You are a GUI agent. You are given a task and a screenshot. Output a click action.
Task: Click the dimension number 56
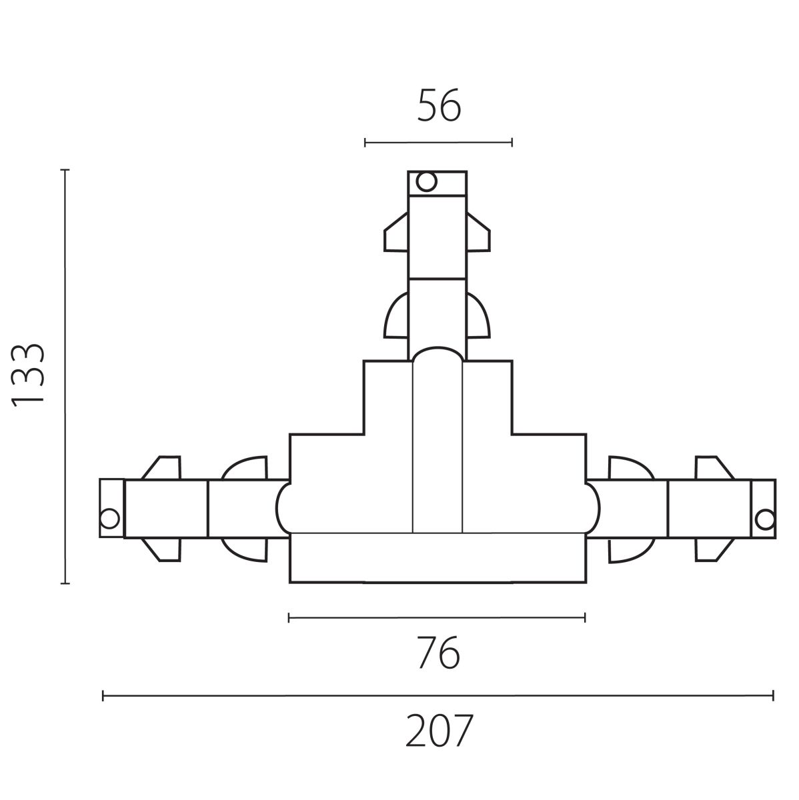point(439,105)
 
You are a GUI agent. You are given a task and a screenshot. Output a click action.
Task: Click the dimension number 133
point(28,376)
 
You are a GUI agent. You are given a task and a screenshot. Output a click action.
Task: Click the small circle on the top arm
point(426,181)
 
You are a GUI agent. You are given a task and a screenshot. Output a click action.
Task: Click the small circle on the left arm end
point(109,519)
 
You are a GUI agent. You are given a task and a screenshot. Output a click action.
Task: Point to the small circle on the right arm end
point(764,520)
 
